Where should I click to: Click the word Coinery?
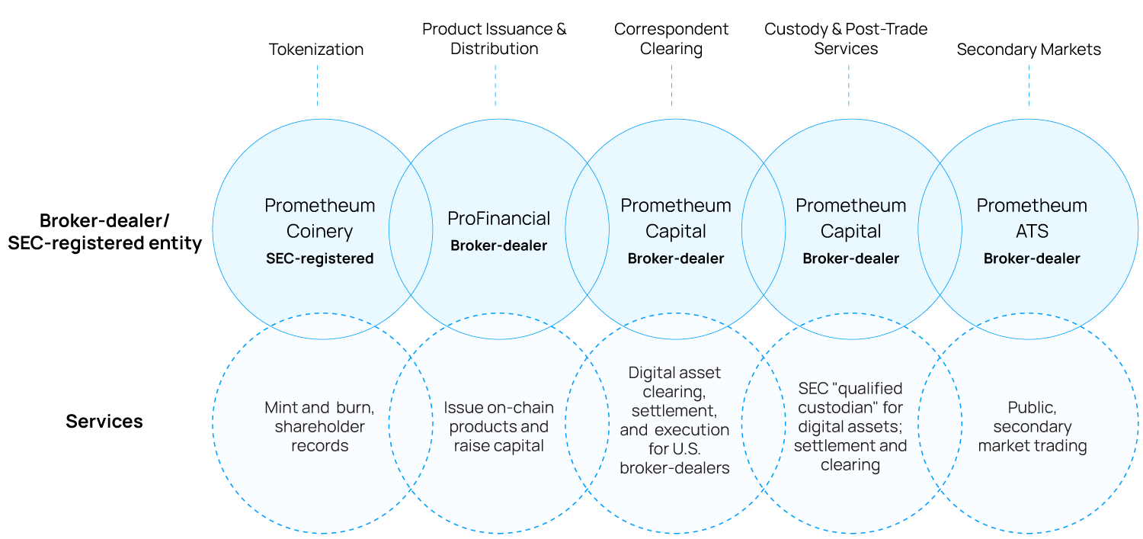click(x=319, y=231)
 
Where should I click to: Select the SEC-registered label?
click(x=319, y=258)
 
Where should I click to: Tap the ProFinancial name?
click(x=498, y=219)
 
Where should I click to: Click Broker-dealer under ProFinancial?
click(x=498, y=245)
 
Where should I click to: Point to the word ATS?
click(x=1032, y=231)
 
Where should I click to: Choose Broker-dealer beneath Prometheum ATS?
click(x=1032, y=258)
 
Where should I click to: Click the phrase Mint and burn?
click(x=319, y=408)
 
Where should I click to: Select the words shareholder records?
click(x=319, y=436)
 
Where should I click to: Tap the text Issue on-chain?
click(x=498, y=408)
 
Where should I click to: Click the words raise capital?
click(x=498, y=446)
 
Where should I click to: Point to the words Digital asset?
click(x=674, y=373)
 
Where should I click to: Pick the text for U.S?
click(x=674, y=449)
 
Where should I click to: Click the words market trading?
click(x=1032, y=446)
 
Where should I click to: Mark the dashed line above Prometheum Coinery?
click(x=317, y=85)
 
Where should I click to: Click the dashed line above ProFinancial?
click(x=495, y=85)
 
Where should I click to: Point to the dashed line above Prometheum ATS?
click(x=1029, y=85)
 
